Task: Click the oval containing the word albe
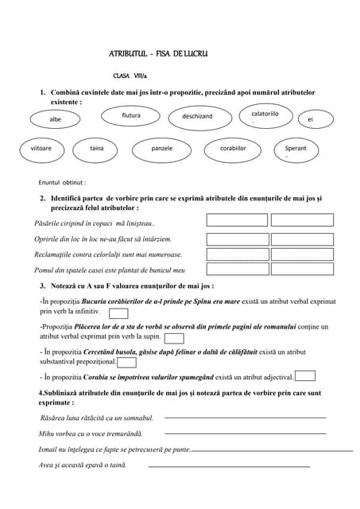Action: click(x=55, y=119)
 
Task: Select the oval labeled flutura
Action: click(x=131, y=116)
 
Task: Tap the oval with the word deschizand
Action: click(x=197, y=117)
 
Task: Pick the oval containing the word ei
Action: click(x=310, y=119)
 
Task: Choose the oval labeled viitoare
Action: click(x=41, y=149)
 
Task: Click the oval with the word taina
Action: click(x=97, y=149)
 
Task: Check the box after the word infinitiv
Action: click(x=118, y=314)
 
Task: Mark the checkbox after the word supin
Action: click(x=174, y=339)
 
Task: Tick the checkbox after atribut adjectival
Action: click(x=305, y=376)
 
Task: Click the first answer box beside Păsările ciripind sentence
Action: click(x=237, y=220)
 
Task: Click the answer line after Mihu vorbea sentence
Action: click(x=245, y=433)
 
